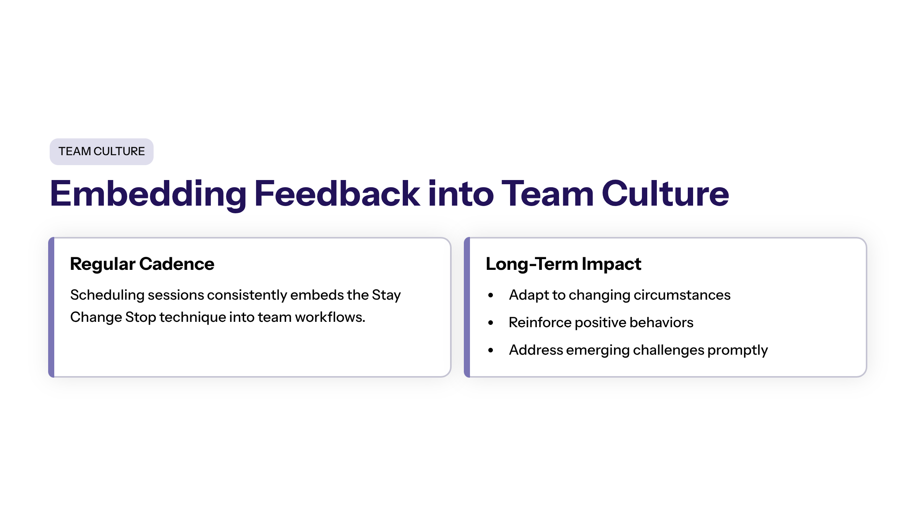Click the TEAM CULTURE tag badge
pos(102,152)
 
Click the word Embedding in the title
pos(148,195)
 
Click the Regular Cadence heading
pos(142,264)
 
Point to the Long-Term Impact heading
pos(563,264)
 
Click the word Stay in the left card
pos(386,295)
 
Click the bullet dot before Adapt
pos(491,295)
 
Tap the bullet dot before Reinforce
pos(491,323)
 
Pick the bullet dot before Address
pos(491,350)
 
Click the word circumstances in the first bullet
pos(682,295)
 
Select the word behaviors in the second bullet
pos(661,323)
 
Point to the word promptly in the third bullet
pos(737,351)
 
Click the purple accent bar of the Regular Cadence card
pos(52,307)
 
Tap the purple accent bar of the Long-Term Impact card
pos(467,307)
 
